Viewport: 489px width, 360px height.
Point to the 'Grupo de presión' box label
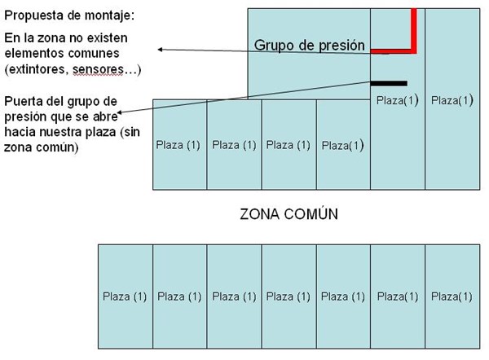309,45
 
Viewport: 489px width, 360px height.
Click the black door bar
389,82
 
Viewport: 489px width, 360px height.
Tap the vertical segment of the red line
415,29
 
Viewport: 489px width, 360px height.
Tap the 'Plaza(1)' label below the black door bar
398,101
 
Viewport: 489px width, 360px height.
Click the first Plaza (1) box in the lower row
125,296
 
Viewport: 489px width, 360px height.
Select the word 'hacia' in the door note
22,132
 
